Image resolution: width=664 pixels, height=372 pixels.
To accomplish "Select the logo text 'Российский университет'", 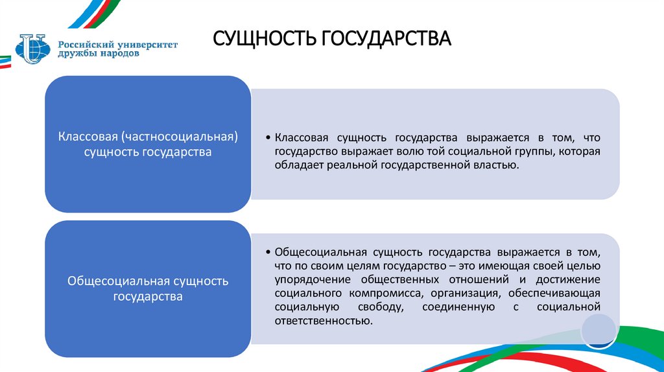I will pyautogui.click(x=118, y=43).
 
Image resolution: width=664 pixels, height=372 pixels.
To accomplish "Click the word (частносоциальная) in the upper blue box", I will pyautogui.click(x=180, y=137).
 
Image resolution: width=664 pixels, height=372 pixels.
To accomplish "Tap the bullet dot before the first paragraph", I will pyautogui.click(x=268, y=138).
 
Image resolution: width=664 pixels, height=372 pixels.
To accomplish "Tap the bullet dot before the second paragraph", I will pyautogui.click(x=268, y=251).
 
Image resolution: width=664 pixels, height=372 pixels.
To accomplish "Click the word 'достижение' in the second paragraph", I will pyautogui.click(x=568, y=279).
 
